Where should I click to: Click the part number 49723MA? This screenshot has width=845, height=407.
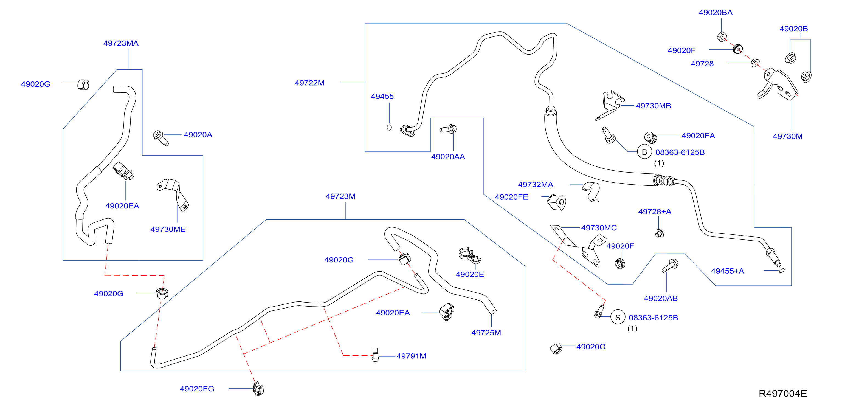[121, 43]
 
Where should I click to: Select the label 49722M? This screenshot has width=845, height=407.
[309, 83]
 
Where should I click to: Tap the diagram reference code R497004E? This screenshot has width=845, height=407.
[783, 394]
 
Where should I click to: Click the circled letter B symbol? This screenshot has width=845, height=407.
[644, 152]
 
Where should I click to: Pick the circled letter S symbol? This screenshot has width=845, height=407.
[618, 318]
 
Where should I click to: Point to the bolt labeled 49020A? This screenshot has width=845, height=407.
[160, 138]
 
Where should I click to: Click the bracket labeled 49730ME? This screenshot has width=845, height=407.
[173, 194]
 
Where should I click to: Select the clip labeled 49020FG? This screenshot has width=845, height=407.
[259, 389]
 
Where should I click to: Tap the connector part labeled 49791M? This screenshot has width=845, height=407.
[375, 355]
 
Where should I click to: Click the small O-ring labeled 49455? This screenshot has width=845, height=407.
[389, 127]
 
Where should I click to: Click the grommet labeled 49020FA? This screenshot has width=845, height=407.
[650, 137]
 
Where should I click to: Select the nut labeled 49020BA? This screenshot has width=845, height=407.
[722, 37]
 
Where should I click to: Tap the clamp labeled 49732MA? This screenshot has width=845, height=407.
[591, 191]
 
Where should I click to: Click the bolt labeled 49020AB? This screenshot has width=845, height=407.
[670, 266]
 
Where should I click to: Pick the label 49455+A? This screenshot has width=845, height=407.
[727, 271]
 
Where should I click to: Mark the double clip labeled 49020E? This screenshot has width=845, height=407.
[469, 255]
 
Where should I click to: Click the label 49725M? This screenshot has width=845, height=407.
[486, 333]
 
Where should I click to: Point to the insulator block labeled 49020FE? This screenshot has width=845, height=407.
[557, 202]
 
